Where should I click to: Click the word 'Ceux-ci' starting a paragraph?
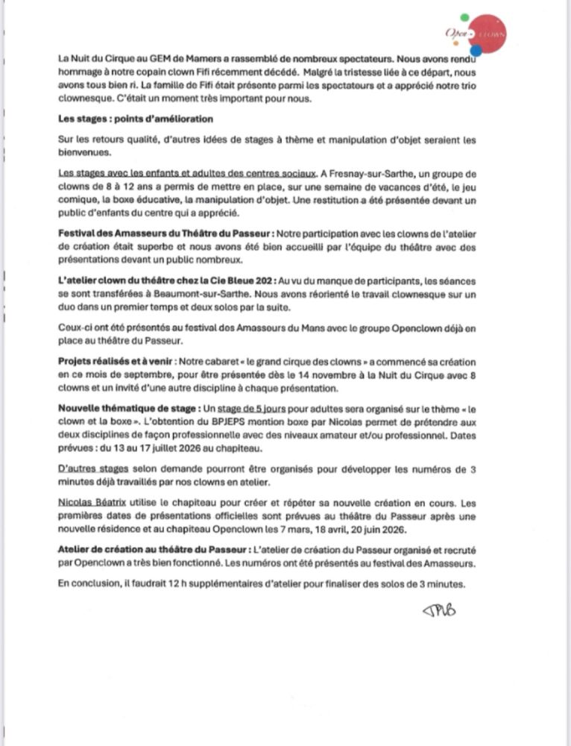[x=73, y=327]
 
